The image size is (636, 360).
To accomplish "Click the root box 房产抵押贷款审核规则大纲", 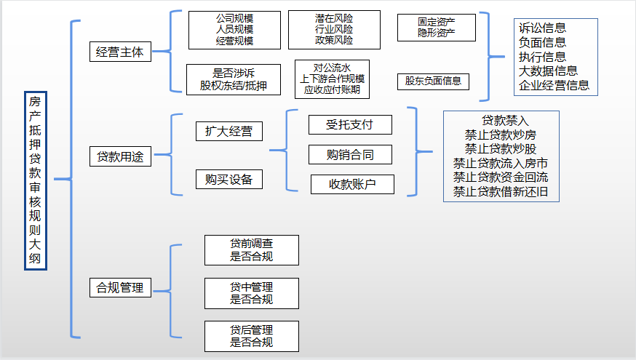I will (x=35, y=181).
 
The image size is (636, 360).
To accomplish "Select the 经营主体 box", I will (x=121, y=52).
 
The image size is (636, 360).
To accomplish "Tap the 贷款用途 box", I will (x=121, y=156).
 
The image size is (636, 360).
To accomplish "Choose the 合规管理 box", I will (x=121, y=287).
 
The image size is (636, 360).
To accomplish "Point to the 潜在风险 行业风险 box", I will (x=333, y=30).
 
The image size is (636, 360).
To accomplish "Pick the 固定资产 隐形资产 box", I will (x=437, y=28).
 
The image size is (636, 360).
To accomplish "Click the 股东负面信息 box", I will (x=433, y=81).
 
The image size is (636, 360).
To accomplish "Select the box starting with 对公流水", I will (x=333, y=79).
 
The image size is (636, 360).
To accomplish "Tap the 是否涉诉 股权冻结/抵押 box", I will (x=234, y=79).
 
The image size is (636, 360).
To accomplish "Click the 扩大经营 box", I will (x=229, y=131).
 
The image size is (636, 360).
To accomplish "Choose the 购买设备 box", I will (x=229, y=179).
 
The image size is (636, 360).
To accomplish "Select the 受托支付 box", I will (x=350, y=124).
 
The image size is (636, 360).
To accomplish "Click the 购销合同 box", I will (x=350, y=154).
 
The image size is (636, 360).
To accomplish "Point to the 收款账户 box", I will (x=352, y=185).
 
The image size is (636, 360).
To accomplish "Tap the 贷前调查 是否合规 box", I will (x=252, y=249).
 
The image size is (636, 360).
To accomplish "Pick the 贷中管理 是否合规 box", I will (x=252, y=292).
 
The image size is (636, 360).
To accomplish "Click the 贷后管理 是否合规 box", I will (x=252, y=336).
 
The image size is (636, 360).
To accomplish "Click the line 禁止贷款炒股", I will (x=501, y=148).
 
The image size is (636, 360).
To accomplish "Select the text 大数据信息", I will (x=549, y=71).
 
